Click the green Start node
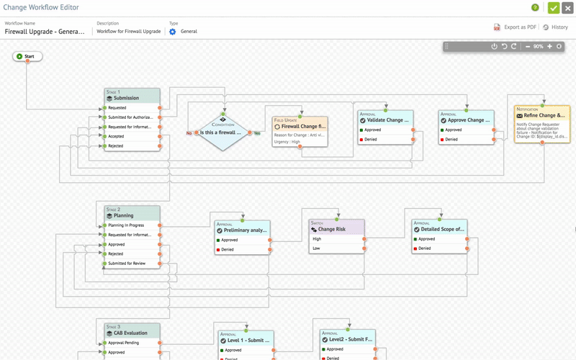[x=27, y=56]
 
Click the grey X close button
[x=568, y=8]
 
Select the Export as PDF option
[x=516, y=27]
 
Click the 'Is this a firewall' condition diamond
[x=223, y=132]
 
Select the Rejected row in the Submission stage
[x=131, y=145]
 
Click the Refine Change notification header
[x=545, y=114]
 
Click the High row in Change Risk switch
[x=337, y=238]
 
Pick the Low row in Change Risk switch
[x=337, y=248]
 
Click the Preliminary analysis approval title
[x=245, y=230]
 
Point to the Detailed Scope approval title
[x=441, y=229]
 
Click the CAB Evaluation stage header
[x=131, y=333]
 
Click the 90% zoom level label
[x=538, y=46]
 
